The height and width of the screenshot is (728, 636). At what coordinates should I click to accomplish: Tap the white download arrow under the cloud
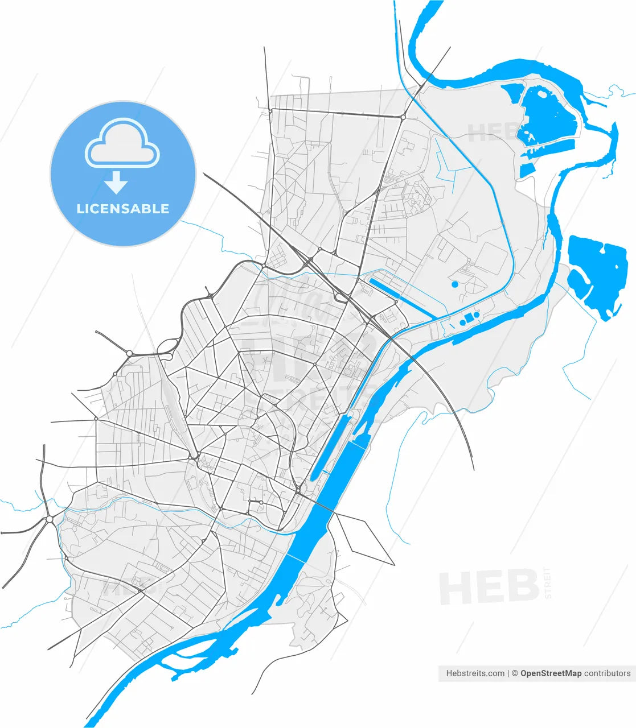(x=117, y=183)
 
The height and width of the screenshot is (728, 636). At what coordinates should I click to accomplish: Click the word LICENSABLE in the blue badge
(x=123, y=209)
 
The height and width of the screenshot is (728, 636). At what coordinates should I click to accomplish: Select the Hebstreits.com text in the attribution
(x=475, y=673)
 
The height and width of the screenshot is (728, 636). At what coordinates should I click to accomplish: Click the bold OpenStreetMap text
(x=551, y=673)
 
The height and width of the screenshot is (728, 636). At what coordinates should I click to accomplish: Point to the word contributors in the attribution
(x=608, y=673)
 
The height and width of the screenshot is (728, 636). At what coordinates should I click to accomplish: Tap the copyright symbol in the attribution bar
(x=514, y=673)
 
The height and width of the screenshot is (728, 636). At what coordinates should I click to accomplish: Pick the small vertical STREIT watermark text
(x=549, y=582)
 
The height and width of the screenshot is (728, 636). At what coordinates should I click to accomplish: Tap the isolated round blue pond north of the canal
(x=454, y=284)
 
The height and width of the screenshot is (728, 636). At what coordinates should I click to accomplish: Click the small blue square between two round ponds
(x=469, y=317)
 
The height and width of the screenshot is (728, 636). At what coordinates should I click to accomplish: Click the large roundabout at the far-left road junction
(x=50, y=519)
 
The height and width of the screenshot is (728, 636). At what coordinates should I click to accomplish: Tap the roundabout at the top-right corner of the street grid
(x=403, y=118)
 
